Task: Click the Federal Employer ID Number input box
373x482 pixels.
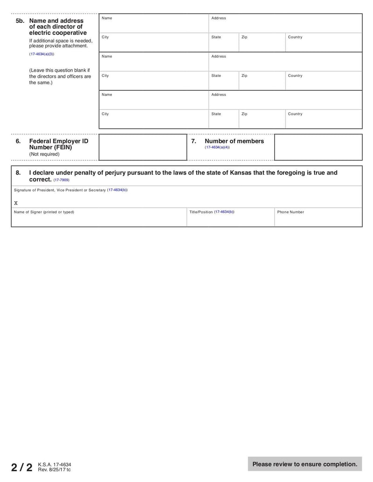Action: (x=143, y=147)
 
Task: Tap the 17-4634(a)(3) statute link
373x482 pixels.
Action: (x=41, y=54)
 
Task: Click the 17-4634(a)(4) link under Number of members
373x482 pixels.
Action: (x=217, y=147)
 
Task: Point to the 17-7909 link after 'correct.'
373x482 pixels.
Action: (x=61, y=180)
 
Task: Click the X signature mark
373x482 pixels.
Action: (x=16, y=203)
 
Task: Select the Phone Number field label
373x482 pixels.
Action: (x=290, y=212)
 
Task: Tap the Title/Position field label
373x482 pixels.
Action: (x=212, y=212)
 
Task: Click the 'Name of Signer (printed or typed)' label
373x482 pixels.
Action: (x=44, y=212)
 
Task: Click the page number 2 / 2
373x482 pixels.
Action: (x=22, y=467)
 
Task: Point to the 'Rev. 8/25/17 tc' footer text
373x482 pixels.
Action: (x=55, y=470)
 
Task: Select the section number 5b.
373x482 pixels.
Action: (x=20, y=21)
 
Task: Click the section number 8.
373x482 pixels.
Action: (x=18, y=173)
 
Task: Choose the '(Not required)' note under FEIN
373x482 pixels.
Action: (x=44, y=154)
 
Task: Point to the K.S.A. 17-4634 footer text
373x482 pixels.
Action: (x=55, y=464)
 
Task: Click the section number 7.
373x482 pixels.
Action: (x=193, y=141)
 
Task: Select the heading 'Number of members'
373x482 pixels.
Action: (x=234, y=141)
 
